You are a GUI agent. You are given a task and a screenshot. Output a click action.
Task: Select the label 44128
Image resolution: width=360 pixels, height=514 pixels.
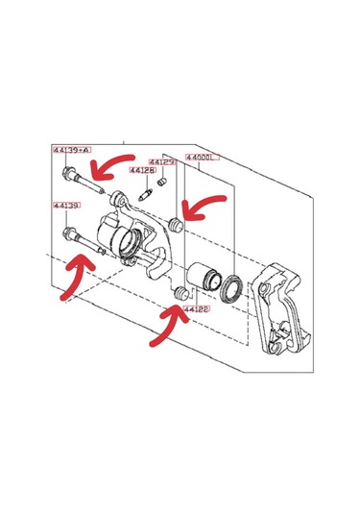coord(142,170)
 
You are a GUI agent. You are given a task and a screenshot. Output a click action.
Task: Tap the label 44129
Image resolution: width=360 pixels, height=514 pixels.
coord(161,163)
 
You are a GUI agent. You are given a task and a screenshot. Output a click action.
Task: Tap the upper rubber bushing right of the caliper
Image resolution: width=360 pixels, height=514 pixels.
coord(176,225)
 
